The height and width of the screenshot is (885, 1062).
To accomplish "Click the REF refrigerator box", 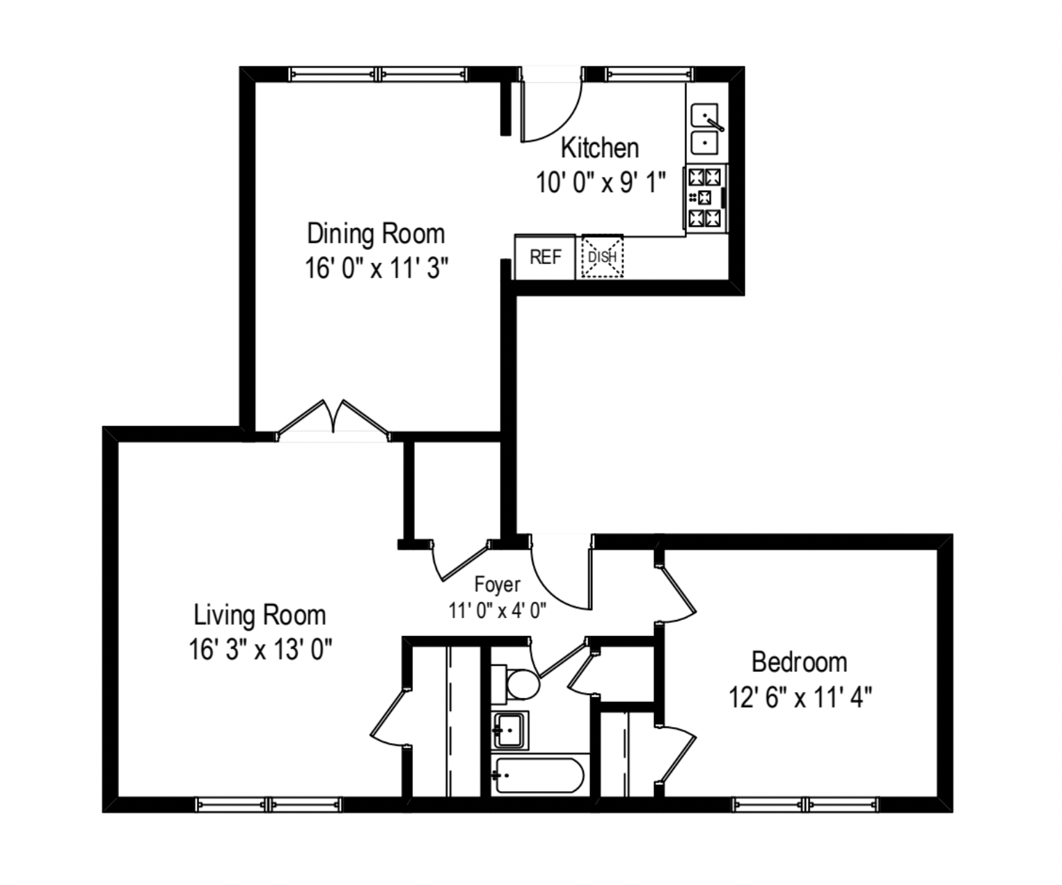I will point(545,257).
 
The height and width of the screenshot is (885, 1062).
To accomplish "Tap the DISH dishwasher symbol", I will point(602,257).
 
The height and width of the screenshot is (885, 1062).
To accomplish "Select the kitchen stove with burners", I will point(704,198).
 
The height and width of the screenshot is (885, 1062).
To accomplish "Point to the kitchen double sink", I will point(706,129).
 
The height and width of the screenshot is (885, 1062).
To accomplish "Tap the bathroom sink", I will point(510,729).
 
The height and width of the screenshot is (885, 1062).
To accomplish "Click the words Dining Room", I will point(376,233).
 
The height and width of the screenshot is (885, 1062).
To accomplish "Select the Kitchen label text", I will point(599,147).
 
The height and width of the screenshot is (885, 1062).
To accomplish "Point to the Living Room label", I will point(260,615).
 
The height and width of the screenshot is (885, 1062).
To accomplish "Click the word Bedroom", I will point(799,662).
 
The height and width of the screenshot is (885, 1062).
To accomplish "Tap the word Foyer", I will point(497,584).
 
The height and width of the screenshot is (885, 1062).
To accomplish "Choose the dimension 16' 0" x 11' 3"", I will point(376,268).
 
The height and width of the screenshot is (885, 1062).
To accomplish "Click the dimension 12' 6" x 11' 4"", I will point(800,696).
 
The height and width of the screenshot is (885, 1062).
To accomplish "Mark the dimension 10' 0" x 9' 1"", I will point(600,183).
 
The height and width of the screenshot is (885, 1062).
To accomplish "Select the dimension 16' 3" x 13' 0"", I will point(260,650).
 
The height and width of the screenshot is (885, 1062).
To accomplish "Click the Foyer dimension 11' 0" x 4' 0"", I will point(497,611).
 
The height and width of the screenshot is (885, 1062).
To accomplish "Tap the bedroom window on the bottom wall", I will point(807,805).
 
